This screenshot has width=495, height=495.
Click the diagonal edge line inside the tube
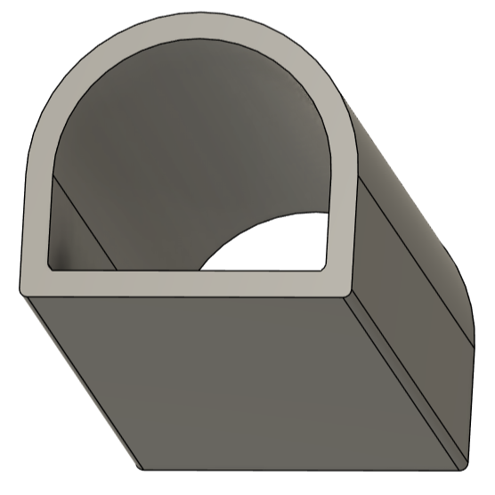85,223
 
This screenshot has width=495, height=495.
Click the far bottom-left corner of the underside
141,468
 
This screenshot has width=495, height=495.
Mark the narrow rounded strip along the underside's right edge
405,383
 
